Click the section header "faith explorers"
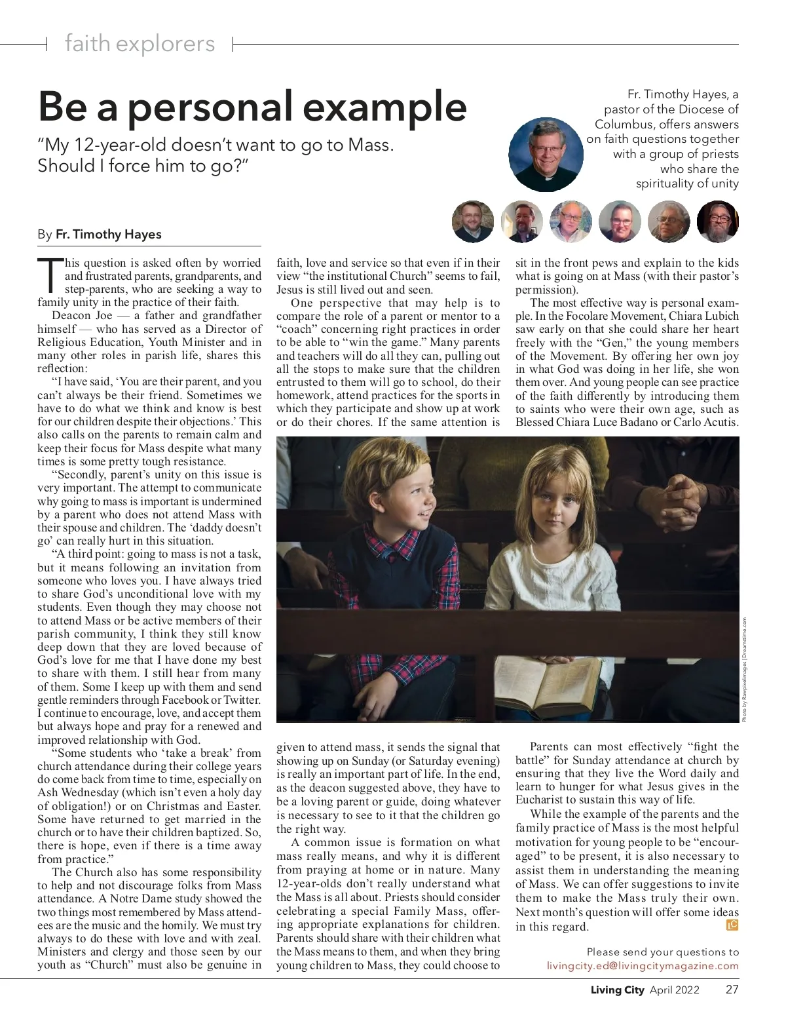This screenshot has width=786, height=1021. coord(140,44)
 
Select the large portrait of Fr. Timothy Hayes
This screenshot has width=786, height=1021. coord(546,155)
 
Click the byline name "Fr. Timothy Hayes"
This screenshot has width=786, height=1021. coord(109,234)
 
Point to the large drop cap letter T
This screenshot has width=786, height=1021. coord(50,275)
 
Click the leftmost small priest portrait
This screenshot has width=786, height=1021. coord(472,222)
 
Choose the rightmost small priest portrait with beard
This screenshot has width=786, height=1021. coord(718,222)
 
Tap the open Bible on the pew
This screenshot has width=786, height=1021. coord(548,679)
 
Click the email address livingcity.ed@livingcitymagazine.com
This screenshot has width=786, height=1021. coord(643,966)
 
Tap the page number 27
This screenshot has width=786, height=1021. coord(732,990)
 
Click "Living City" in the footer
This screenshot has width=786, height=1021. coord(613,990)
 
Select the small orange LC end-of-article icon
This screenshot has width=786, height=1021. coord(732,925)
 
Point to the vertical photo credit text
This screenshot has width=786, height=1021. coord(745,670)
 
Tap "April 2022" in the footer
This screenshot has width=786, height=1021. coord(675,990)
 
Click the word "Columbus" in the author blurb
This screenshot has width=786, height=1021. coord(623,124)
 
